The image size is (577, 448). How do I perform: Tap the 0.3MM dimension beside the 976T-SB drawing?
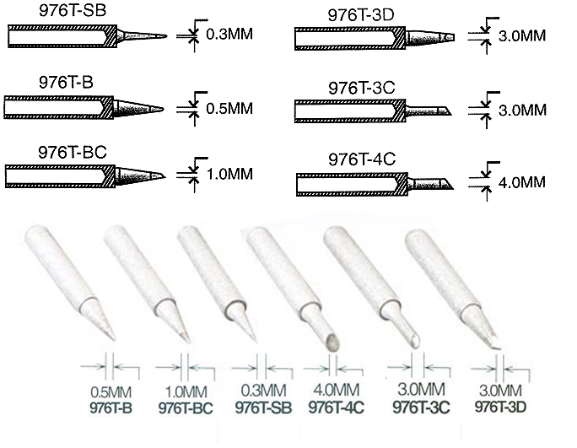(x=229, y=35)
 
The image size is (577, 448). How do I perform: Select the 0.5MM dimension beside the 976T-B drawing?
(x=229, y=109)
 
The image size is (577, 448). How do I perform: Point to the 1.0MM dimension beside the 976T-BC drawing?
(x=229, y=175)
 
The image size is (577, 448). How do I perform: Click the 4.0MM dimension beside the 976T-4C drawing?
(x=522, y=182)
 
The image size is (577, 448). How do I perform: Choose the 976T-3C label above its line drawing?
(x=363, y=87)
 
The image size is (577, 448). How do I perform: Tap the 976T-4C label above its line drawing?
(x=363, y=159)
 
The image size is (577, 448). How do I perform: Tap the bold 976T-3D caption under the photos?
(x=501, y=406)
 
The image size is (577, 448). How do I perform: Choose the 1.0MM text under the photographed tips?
(x=186, y=392)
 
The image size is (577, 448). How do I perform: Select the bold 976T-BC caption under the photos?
(x=185, y=408)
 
